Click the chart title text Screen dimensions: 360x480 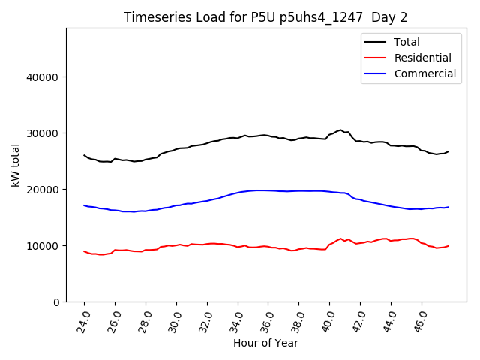(265, 17)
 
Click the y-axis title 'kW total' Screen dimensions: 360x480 (16, 165)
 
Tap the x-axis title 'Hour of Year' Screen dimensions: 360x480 (265, 343)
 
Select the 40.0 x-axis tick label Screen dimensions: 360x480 (328, 319)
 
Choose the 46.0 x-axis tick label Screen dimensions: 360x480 (420, 319)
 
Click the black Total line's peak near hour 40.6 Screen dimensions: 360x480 (340, 130)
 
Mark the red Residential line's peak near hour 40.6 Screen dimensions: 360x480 (340, 238)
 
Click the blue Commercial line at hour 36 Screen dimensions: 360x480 (268, 190)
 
